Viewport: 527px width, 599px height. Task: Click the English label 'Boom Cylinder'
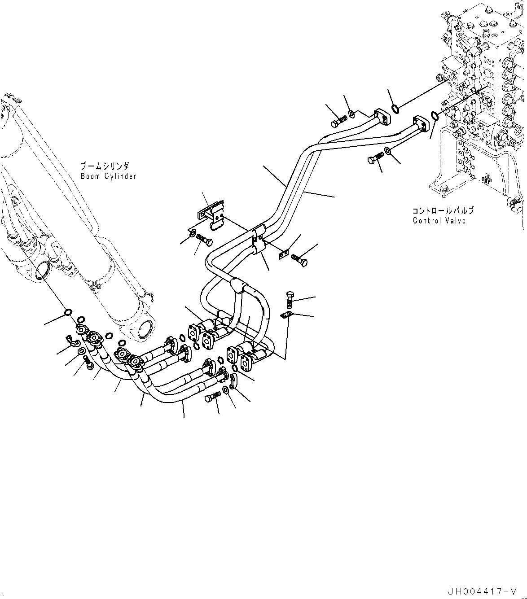pyautogui.click(x=108, y=176)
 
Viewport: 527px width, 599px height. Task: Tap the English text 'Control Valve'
pyautogui.click(x=439, y=221)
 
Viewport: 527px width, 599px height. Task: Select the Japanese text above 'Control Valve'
pyautogui.click(x=443, y=210)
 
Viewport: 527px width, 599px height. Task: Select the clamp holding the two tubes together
pyautogui.click(x=259, y=242)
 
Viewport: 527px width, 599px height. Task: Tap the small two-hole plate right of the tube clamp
pyautogui.click(x=282, y=255)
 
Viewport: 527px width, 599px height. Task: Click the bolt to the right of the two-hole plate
pyautogui.click(x=300, y=259)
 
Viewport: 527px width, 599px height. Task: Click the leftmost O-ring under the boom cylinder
pyautogui.click(x=67, y=312)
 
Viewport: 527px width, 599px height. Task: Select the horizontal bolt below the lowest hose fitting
pyautogui.click(x=213, y=398)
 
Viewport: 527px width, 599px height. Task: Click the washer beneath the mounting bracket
pyautogui.click(x=192, y=234)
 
